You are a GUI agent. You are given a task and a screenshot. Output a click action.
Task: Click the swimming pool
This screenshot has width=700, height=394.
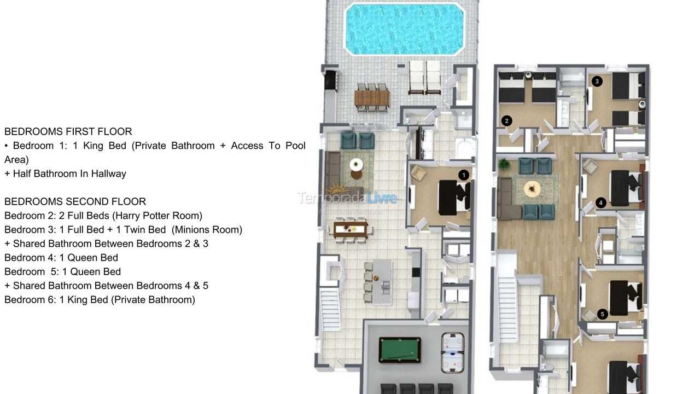tap(404, 28)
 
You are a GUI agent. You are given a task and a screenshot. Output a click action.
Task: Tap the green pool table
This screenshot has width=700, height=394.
tap(399, 350)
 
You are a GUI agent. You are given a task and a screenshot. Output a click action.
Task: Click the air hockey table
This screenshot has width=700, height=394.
tap(452, 351)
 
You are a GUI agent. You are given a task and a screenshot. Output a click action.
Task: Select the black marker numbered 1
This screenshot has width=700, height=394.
tap(464, 175)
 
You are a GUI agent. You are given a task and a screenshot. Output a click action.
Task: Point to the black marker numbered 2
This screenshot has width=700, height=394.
tap(507, 120)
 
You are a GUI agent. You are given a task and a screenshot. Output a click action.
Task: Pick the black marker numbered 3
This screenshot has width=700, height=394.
tap(597, 82)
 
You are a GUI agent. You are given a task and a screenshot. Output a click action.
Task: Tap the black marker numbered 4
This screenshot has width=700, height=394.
tap(601, 203)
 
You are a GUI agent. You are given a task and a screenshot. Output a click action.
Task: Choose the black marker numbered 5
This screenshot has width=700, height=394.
tap(602, 314)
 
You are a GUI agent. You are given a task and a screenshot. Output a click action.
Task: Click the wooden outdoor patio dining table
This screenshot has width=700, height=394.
tap(372, 98)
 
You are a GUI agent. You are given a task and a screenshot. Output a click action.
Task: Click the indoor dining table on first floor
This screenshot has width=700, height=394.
tap(351, 229)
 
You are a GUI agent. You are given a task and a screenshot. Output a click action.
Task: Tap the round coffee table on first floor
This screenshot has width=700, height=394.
tap(357, 164)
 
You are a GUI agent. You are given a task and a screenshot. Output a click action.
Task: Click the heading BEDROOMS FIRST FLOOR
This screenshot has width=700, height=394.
tap(68, 131)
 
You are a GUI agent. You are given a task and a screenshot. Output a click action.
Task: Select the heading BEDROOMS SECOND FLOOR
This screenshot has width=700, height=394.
tap(75, 201)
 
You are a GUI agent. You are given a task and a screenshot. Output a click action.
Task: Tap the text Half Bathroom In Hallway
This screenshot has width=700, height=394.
tap(69, 173)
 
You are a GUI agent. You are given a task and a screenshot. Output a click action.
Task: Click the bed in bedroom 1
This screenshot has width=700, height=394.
tap(453, 195)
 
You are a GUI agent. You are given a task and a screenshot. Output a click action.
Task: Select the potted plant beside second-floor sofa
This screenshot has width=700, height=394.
tap(504, 164)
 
